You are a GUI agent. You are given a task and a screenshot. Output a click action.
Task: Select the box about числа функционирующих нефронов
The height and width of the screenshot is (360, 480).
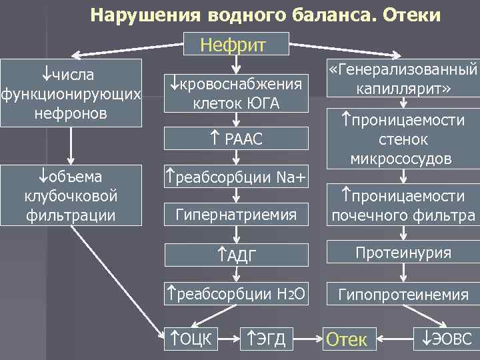pos(72,91)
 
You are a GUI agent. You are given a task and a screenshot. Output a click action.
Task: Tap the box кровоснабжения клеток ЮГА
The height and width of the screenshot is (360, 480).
pos(235,93)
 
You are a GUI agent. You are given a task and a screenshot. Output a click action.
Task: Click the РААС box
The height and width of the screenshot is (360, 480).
pos(235,139)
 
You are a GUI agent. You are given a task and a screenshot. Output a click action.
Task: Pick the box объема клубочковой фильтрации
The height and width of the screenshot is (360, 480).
pos(72,197)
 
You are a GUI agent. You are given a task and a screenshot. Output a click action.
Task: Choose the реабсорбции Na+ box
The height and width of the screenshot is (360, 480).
pos(235,177)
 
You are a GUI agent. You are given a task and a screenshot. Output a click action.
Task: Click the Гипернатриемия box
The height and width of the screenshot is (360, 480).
pos(235,215)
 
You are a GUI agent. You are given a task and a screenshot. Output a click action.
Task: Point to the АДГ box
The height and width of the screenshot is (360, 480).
pos(235,255)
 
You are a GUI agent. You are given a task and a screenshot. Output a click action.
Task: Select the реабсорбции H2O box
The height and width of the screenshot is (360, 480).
pos(235,293)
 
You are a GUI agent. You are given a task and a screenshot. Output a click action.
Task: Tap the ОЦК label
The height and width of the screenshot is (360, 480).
pos(192,339)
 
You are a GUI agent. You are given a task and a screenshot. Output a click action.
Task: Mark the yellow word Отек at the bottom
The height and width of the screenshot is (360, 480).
pos(346,340)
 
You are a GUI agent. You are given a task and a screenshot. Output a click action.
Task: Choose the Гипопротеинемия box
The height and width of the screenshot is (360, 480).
pos(403,293)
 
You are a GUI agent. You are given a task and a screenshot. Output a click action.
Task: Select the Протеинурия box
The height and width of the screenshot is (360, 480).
pos(403,253)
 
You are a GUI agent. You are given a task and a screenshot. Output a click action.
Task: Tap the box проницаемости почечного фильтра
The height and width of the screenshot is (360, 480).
pos(403,205)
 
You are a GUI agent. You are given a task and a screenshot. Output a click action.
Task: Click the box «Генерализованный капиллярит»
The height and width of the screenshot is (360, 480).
pos(403,79)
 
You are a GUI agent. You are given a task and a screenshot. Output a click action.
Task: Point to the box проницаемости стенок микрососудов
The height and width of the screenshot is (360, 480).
pos(403,139)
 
